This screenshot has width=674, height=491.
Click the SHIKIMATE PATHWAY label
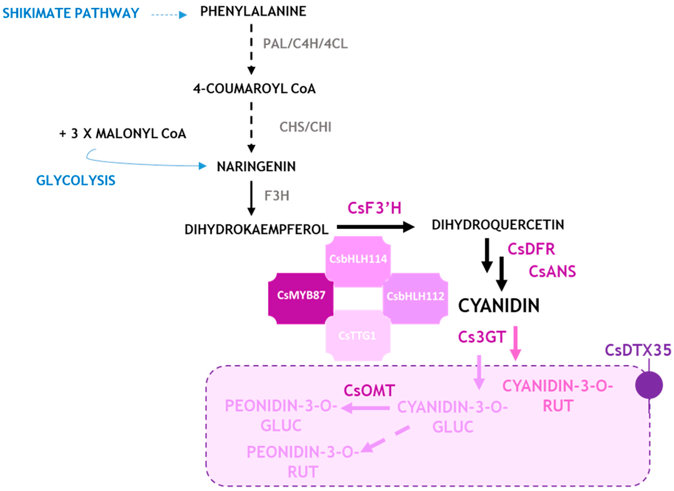71,13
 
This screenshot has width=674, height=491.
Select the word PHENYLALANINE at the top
253,12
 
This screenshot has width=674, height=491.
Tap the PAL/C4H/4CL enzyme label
305,44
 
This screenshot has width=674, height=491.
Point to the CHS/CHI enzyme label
305,127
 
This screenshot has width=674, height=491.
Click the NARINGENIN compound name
256,166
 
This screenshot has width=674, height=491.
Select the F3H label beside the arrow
277,196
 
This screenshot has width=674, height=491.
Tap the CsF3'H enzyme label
374,208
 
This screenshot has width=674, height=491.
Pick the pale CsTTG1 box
357,336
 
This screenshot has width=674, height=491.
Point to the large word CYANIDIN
499,306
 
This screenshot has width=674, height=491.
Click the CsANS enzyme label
552,271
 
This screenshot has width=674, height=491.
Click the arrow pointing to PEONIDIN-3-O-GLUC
366,408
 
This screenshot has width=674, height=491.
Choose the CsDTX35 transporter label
638,350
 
